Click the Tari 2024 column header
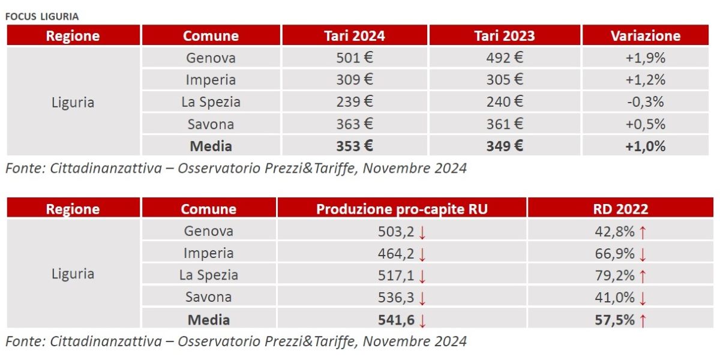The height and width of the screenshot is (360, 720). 354,35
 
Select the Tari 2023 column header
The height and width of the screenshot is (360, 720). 504,35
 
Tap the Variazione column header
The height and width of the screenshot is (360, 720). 646,35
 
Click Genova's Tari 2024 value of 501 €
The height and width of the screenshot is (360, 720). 354,58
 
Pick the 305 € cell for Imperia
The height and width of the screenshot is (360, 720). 504,80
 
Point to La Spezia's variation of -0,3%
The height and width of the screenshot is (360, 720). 646,102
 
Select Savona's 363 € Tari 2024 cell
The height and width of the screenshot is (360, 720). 354,124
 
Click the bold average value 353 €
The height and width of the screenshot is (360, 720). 354,146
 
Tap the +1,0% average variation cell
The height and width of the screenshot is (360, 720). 646,146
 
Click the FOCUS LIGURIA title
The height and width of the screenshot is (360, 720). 42,16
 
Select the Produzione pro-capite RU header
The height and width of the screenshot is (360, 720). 402,209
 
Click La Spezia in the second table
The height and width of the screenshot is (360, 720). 208,275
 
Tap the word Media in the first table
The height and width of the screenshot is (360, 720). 211,146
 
